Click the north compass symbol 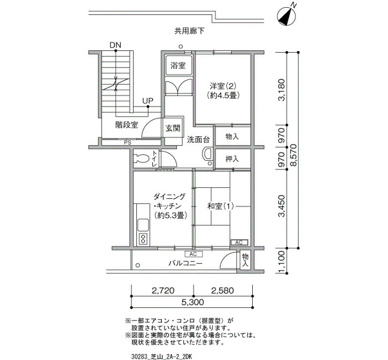pos(287,16)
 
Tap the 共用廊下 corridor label pos(190,31)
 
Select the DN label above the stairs pos(115,45)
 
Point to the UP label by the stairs pos(148,101)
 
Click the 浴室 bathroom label pos(178,65)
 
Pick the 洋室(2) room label pos(223,86)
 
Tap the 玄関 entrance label pos(173,128)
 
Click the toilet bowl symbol pos(141,159)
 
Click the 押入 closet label pos(232,159)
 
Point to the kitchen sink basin pos(143,225)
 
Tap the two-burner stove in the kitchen pos(143,239)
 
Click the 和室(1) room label pos(220,206)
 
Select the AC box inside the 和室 pos(239,243)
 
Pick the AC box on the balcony pos(194,254)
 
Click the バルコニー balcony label pos(185,263)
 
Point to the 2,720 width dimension pos(163,290)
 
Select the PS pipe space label pos(127,143)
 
